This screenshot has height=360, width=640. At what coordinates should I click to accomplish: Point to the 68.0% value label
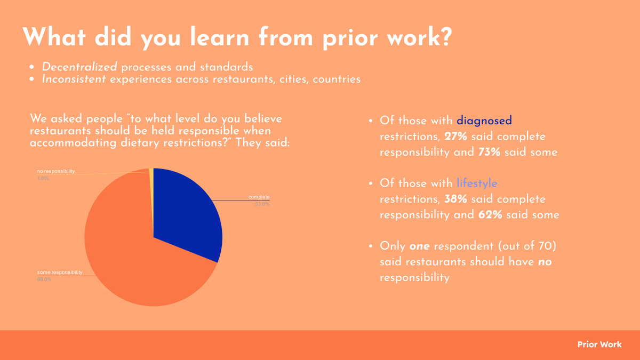pos(44,279)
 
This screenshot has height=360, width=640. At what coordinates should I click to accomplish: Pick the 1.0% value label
pos(43,179)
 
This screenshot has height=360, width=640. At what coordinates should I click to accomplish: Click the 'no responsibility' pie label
pos(56,172)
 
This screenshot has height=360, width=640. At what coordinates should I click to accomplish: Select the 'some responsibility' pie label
pos(60,273)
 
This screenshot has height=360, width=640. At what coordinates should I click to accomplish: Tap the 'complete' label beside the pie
pos(259,197)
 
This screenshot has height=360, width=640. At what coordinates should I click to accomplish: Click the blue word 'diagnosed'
pos(484,121)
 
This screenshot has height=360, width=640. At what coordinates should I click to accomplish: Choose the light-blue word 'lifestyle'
pos(477,183)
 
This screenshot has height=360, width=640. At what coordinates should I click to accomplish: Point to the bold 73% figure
pos(489,152)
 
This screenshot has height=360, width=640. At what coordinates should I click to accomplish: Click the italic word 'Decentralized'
pos(79,68)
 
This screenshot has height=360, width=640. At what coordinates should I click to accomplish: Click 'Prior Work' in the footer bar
pos(599,345)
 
